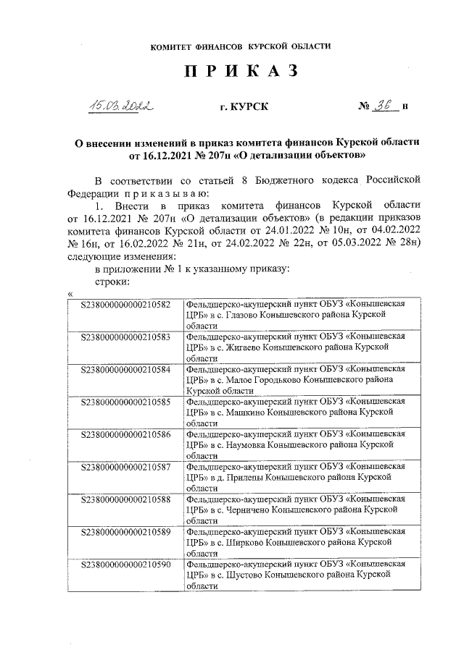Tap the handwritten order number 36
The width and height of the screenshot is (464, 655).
pos(384,106)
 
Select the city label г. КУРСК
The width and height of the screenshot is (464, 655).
pos(244,107)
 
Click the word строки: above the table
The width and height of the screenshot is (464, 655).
pos(112,281)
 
